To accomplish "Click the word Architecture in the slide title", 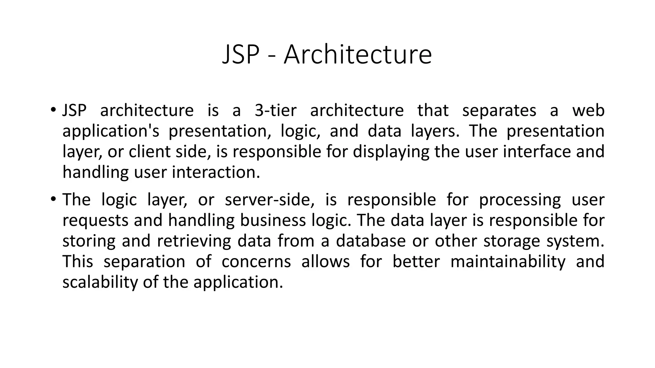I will tap(358, 55).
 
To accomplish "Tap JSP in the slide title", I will tap(241, 55).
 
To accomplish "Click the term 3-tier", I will tap(276, 111).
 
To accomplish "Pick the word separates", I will tap(499, 111).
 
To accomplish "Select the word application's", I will tap(111, 131).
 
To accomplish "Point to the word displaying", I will tap(391, 152).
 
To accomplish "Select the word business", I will tap(273, 220).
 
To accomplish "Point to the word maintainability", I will tap(508, 262).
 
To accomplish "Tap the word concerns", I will tap(256, 262).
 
